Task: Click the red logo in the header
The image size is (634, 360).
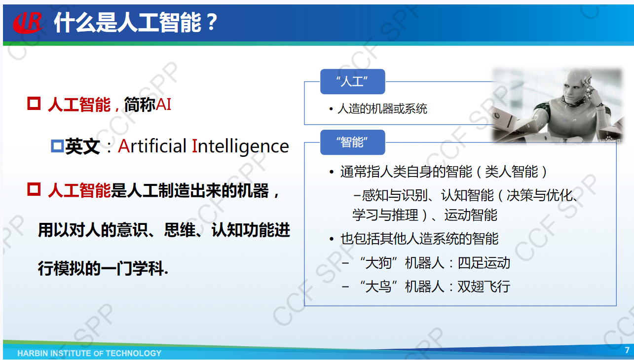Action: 28,22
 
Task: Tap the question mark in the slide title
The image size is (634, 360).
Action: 212,22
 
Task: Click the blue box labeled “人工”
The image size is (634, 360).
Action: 352,81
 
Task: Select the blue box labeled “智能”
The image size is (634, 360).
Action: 352,142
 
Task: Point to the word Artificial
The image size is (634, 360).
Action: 152,146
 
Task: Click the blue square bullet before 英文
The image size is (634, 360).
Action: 57,146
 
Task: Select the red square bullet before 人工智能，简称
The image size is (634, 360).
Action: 34,103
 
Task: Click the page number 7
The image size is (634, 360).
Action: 627,350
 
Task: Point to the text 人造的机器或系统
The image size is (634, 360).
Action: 382,109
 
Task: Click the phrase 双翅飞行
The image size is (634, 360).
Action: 484,287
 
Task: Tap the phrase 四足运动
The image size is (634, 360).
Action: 484,263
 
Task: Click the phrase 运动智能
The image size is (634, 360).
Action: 471,215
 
